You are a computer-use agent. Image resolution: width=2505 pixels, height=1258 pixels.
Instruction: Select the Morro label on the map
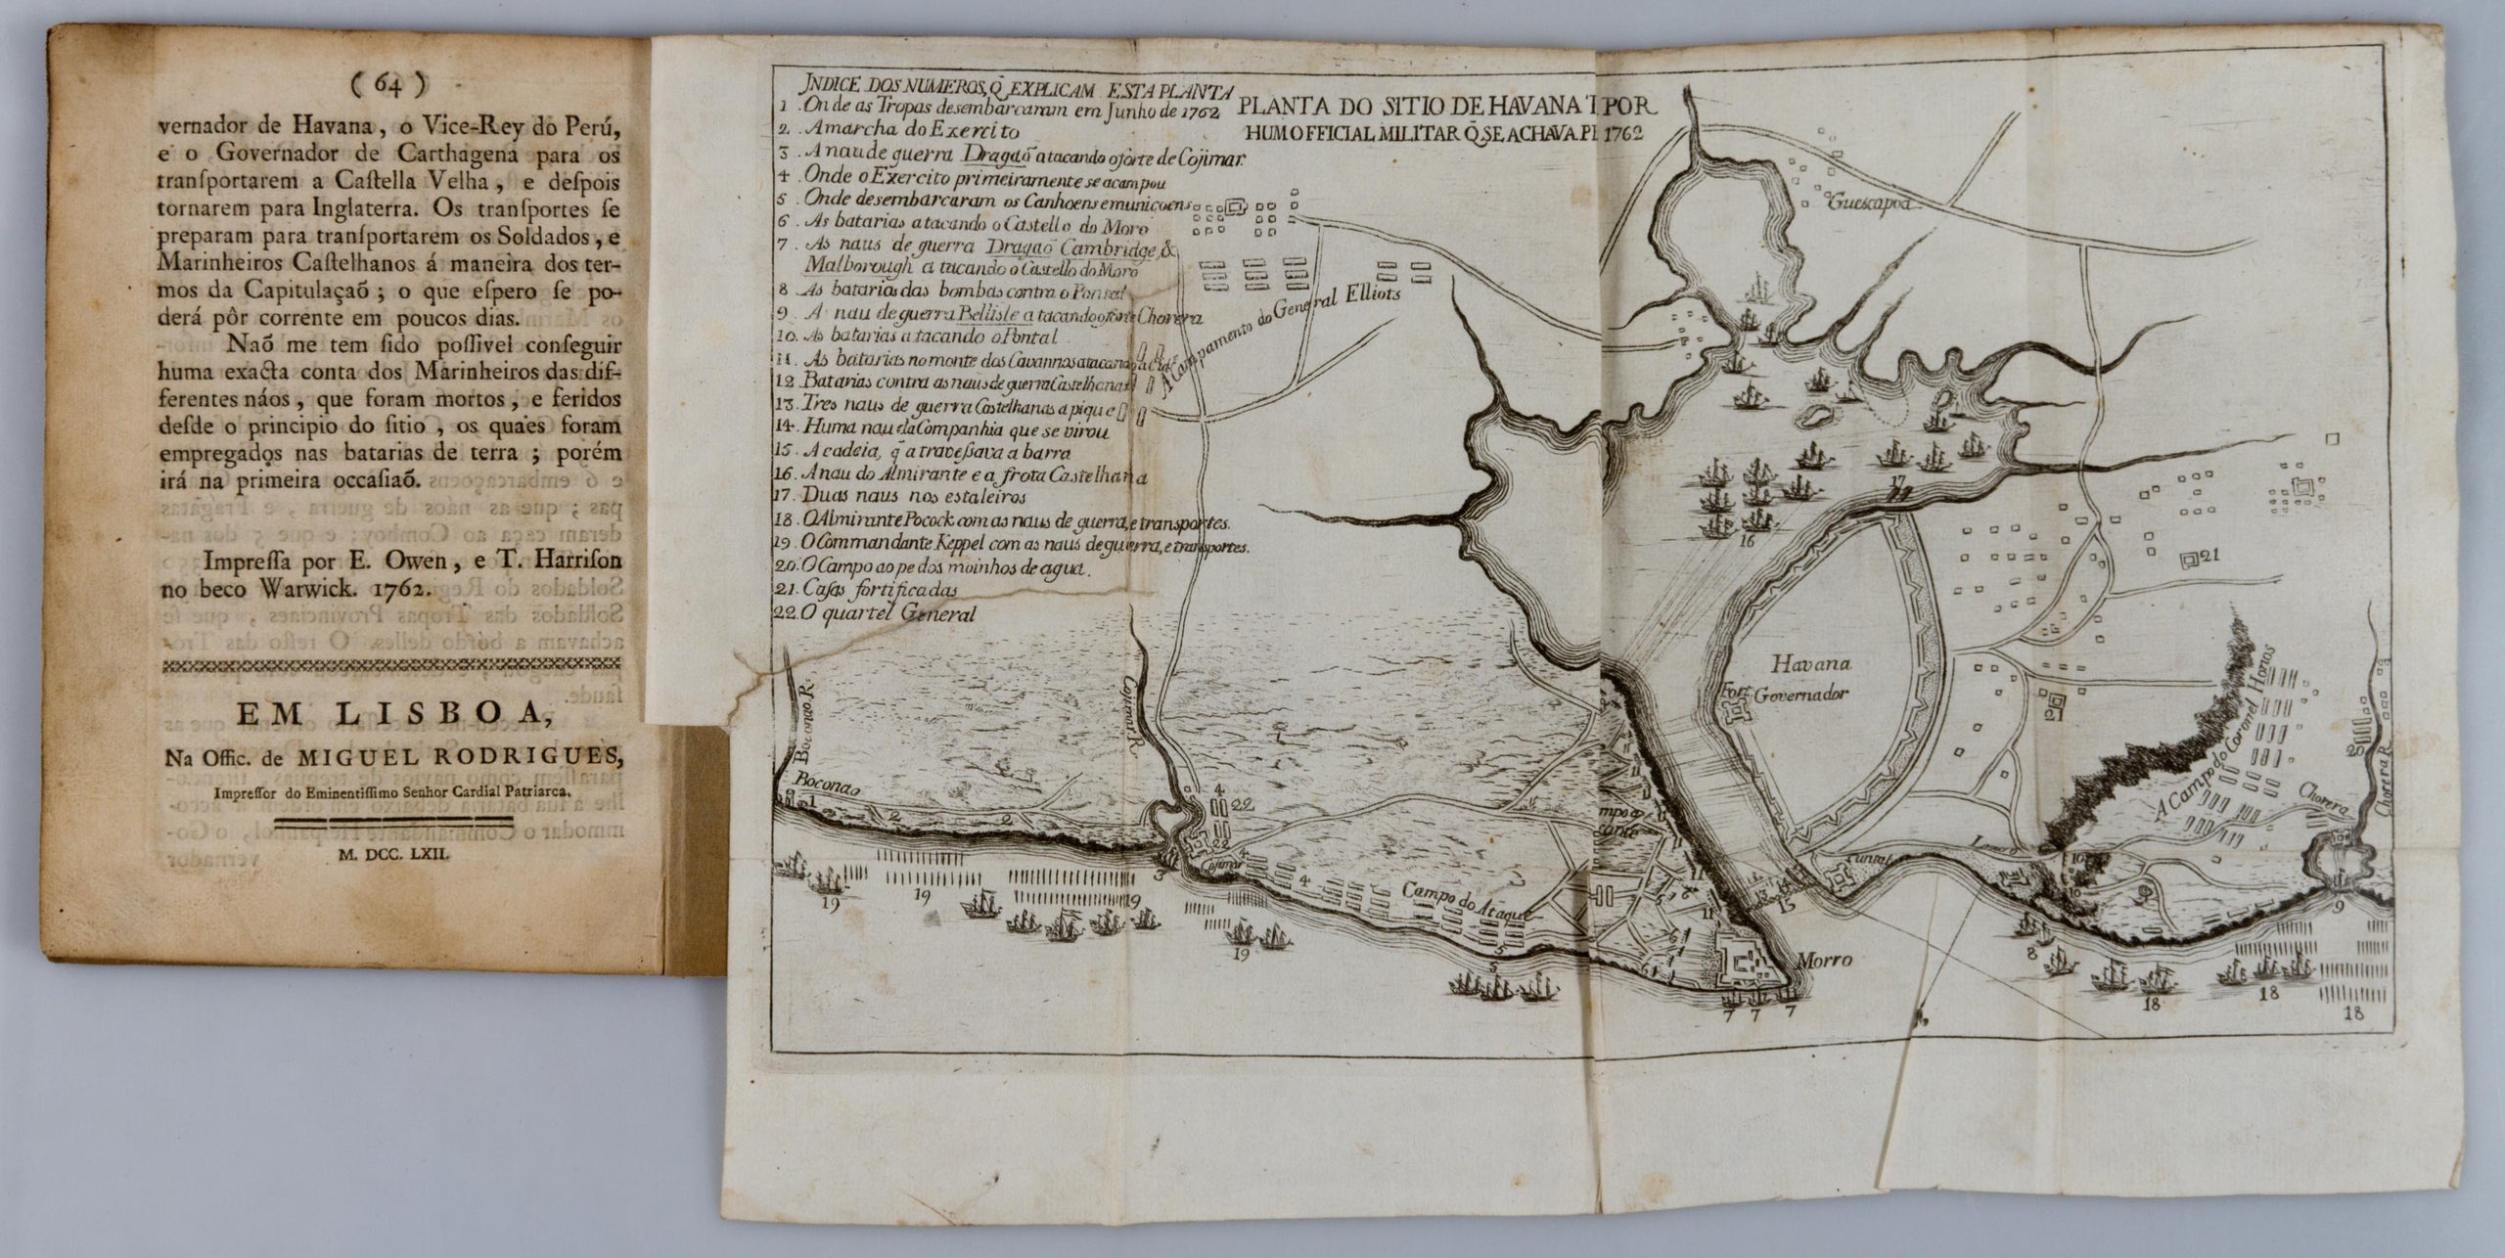(x=1823, y=960)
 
